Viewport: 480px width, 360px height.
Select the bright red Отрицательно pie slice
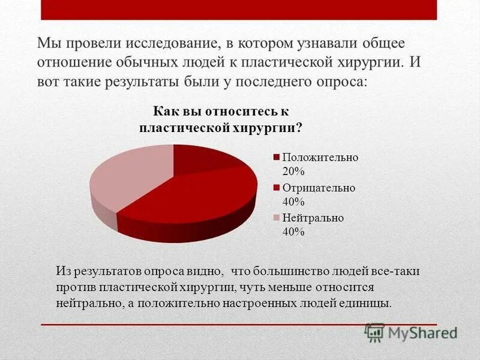(x=192, y=198)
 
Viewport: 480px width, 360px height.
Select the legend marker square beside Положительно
(x=277, y=157)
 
